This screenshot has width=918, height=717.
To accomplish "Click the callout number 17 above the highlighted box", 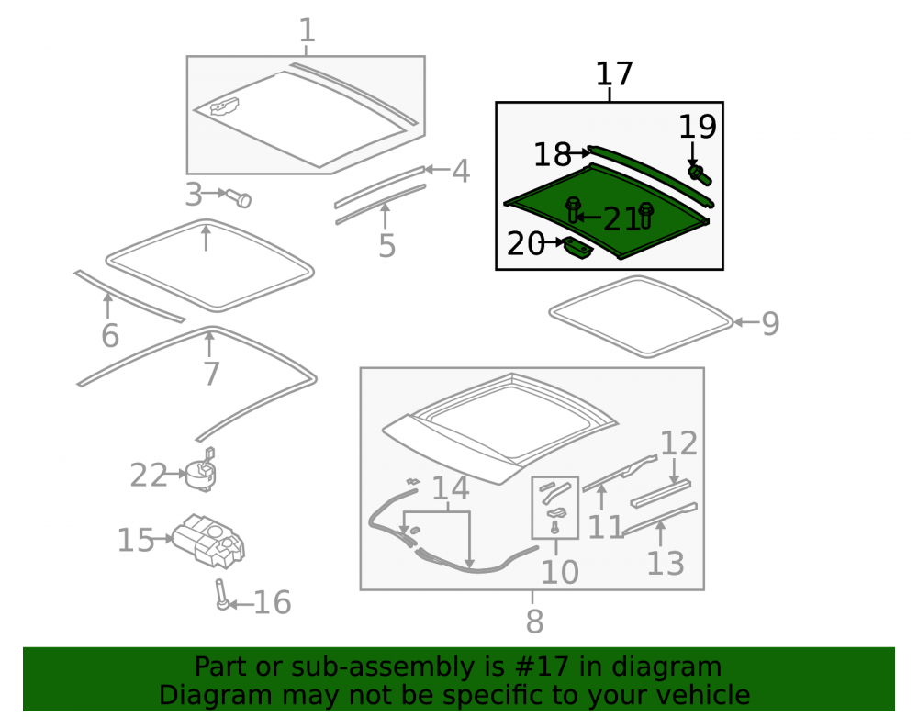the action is click(x=614, y=74).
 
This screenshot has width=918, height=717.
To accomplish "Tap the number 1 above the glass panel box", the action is click(x=308, y=30).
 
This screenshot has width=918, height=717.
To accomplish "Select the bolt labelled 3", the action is click(x=240, y=197).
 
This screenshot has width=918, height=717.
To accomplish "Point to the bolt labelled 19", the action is click(x=699, y=174).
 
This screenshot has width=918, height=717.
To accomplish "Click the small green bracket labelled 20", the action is click(x=578, y=248).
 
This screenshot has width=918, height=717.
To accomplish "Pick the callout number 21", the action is click(x=621, y=219).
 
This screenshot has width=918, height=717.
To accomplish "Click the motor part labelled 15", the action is click(x=208, y=540).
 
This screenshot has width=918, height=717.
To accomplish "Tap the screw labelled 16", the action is click(x=222, y=594).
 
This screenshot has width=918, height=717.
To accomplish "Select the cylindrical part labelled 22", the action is click(x=200, y=470).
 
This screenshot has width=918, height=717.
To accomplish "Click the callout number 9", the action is click(x=770, y=323).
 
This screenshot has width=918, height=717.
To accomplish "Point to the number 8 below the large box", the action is click(x=534, y=621).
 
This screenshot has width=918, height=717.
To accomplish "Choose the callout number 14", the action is click(x=450, y=488).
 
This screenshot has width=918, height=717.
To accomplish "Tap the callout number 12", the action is click(x=679, y=443).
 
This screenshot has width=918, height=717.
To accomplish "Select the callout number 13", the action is click(x=666, y=563).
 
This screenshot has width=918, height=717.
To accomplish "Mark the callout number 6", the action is click(x=110, y=335).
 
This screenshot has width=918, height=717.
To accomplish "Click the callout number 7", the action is click(x=211, y=374).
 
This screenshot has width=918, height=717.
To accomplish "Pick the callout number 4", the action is click(x=461, y=172).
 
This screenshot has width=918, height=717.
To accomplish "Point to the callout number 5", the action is click(x=386, y=245).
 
